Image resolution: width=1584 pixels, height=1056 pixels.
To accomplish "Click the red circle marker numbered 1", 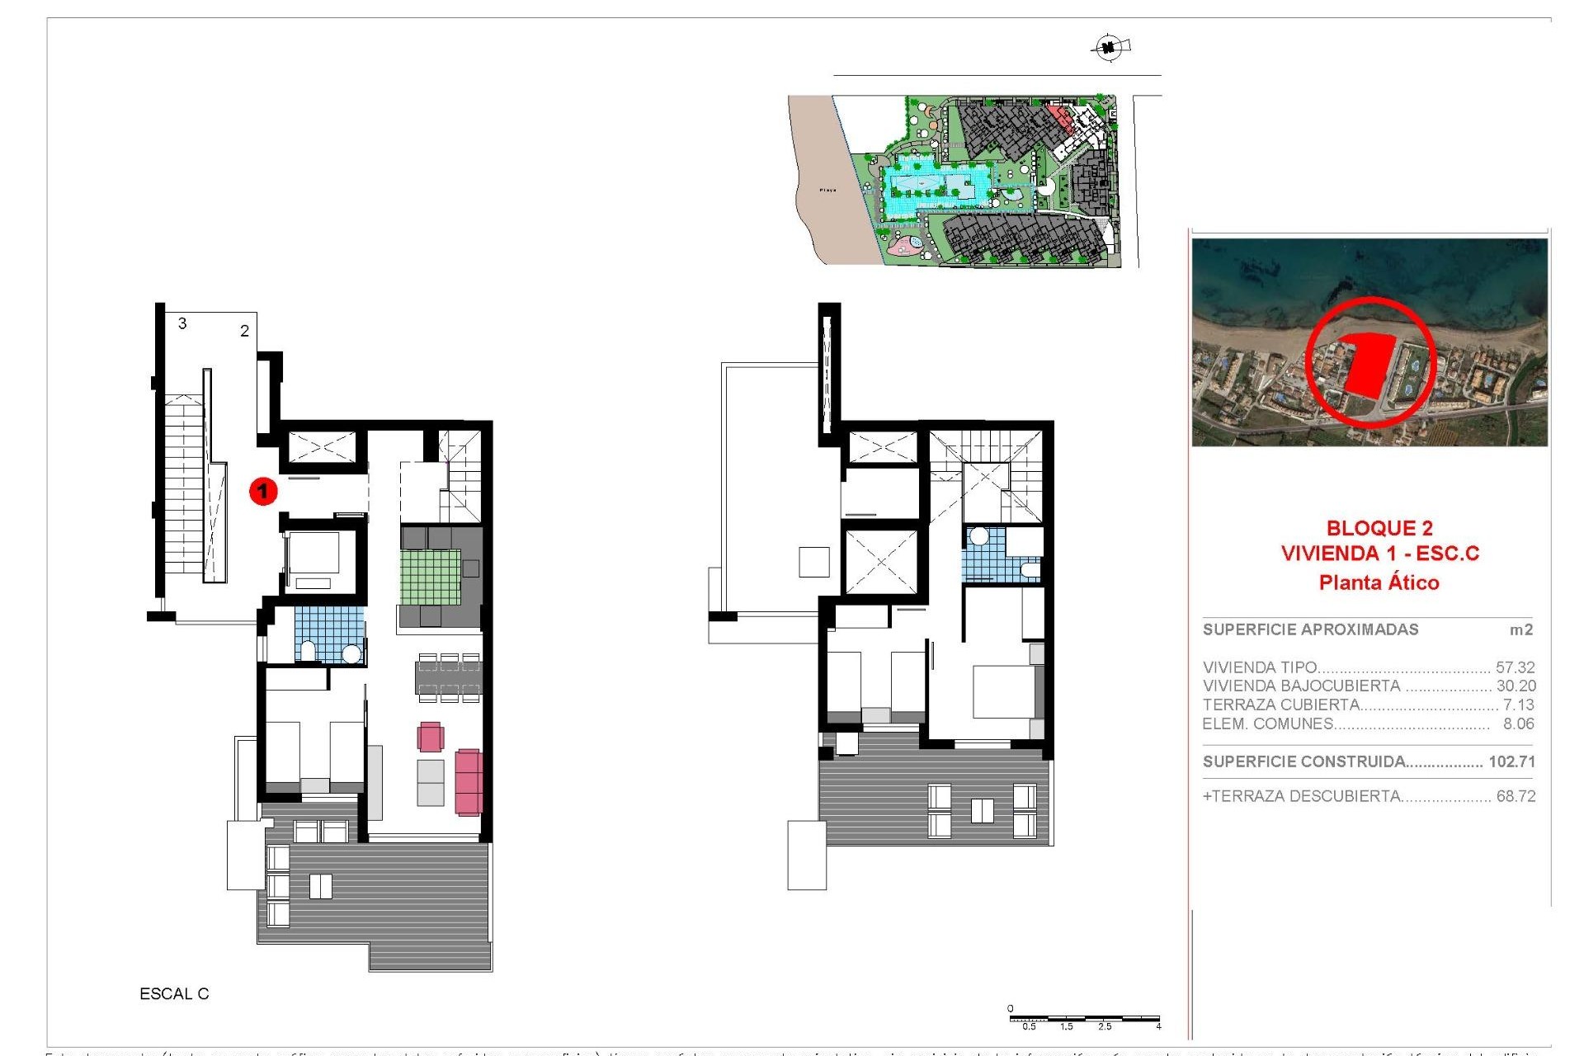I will (263, 492).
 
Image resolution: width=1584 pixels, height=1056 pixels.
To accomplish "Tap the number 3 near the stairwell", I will (182, 323).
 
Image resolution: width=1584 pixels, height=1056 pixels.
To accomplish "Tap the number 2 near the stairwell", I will (244, 331).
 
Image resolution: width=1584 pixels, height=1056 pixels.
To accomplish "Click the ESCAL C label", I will (174, 994).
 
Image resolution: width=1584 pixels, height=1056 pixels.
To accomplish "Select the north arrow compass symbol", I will (1109, 48).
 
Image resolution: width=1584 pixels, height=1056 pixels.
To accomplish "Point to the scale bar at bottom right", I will (1084, 1021).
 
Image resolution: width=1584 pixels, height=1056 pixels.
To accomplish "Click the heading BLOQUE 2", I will (1379, 528).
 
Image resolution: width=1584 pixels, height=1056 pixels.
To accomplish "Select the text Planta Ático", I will (1379, 582).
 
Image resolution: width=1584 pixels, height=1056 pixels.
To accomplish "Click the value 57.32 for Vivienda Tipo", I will (1515, 667).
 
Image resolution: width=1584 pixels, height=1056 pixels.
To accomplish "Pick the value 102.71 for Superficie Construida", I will (1511, 761).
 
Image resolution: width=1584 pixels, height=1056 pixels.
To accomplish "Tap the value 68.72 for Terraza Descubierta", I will (1516, 796).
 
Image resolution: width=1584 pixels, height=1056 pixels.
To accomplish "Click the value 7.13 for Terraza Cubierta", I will (1518, 705).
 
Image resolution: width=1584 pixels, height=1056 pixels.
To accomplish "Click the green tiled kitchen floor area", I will (431, 577).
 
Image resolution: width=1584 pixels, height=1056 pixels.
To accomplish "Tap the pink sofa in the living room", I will (469, 781).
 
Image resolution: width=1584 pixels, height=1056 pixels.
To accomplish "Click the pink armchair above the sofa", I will (431, 736).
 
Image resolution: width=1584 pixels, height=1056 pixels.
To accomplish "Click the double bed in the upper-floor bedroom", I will (1004, 691).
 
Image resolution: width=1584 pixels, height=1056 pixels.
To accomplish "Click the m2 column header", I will (1520, 630).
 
